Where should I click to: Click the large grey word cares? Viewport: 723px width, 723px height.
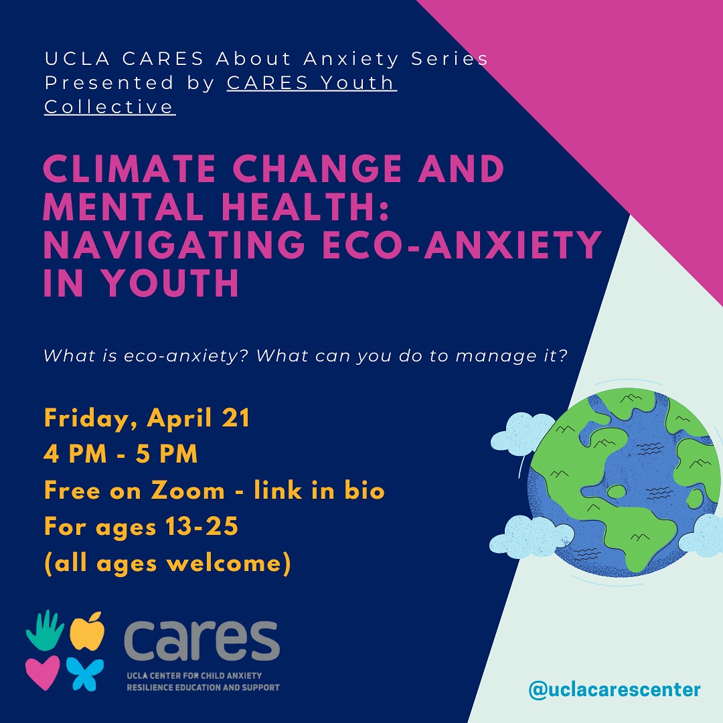click(x=201, y=641)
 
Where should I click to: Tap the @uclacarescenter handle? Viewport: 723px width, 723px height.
click(x=615, y=689)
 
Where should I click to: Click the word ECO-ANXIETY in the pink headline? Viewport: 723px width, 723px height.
click(x=460, y=246)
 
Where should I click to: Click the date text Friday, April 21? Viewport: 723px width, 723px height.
click(x=147, y=418)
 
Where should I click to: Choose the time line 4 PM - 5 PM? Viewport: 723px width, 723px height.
click(x=120, y=455)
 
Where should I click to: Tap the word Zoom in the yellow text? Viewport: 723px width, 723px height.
click(x=187, y=491)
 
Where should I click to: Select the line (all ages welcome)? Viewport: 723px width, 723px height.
click(x=167, y=563)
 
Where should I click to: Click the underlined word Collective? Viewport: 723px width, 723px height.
click(x=110, y=106)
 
